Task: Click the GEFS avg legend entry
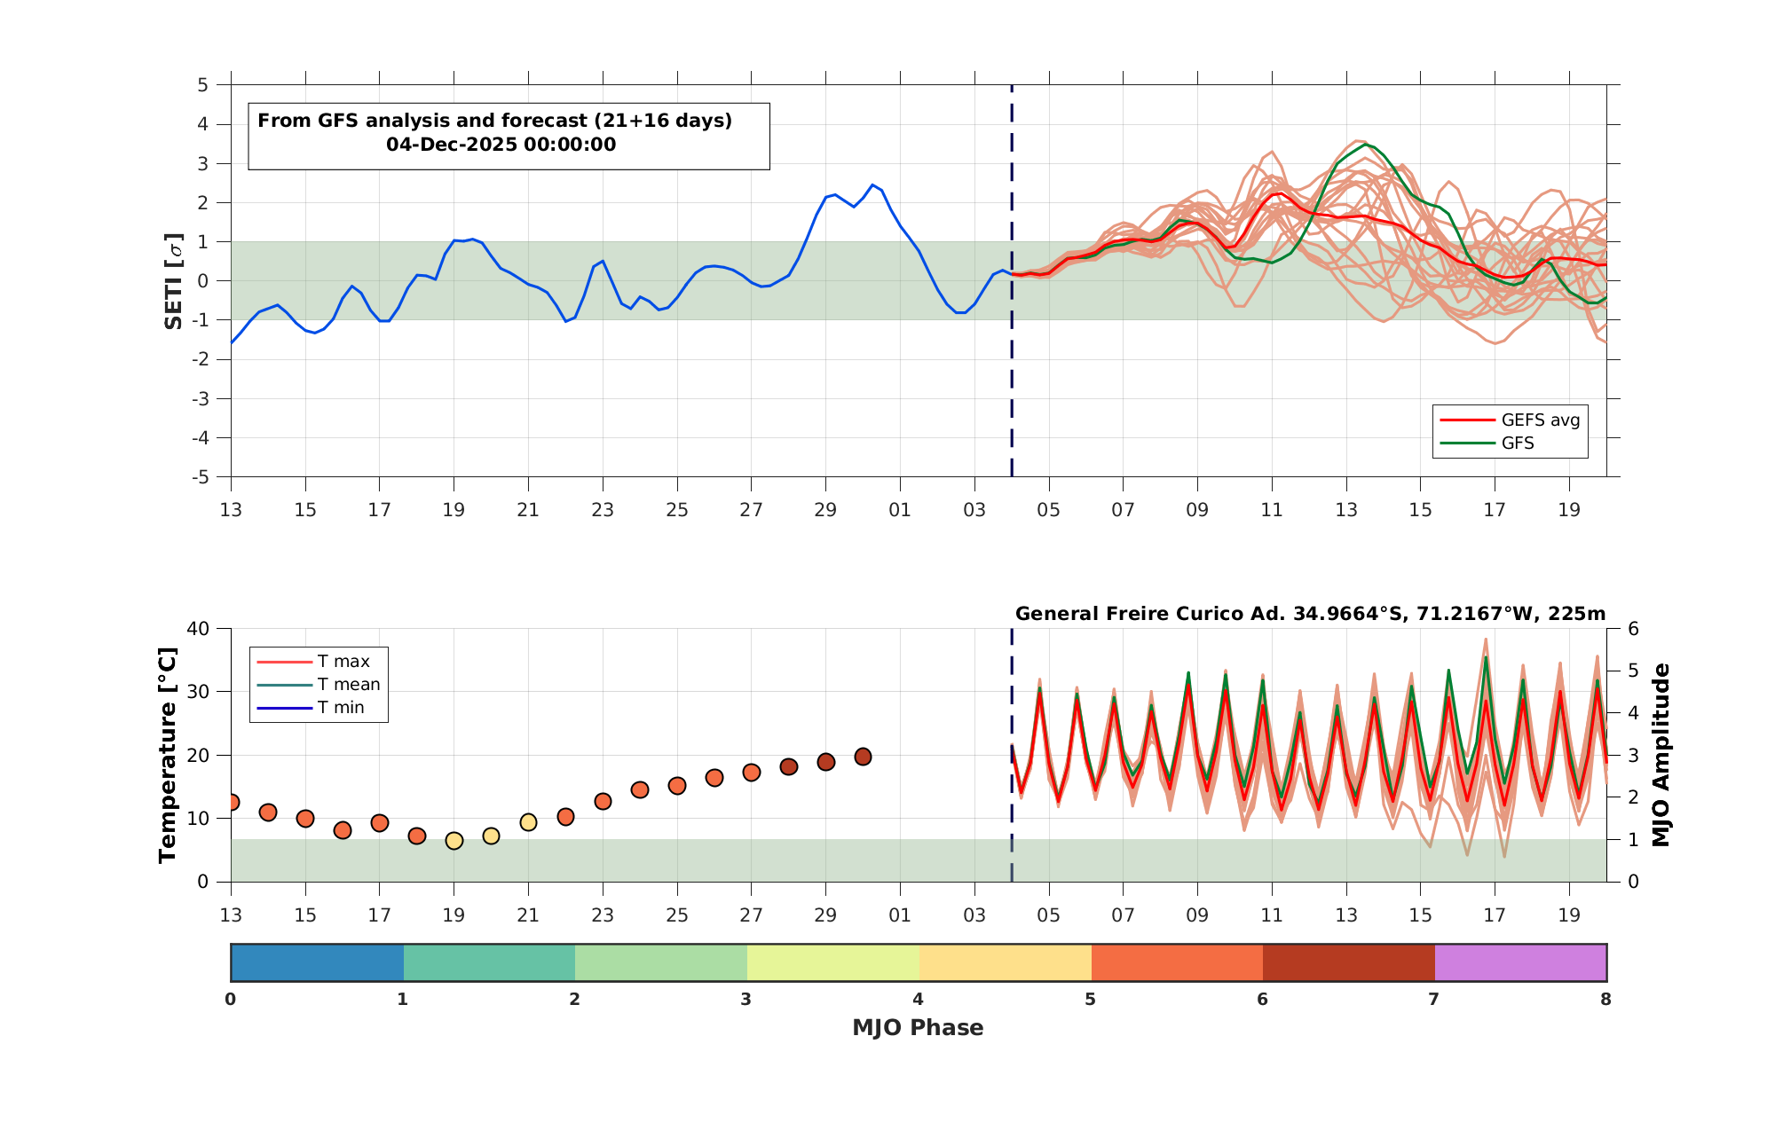pyautogui.click(x=1510, y=420)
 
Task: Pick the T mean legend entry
pyautogui.click(x=319, y=685)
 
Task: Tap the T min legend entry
pyautogui.click(x=311, y=708)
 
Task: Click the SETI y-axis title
pyautogui.click(x=174, y=281)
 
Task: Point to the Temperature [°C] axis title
pyautogui.click(x=168, y=755)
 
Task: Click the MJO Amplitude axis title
pyautogui.click(x=1661, y=755)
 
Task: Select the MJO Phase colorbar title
pyautogui.click(x=918, y=1028)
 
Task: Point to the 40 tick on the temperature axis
pyautogui.click(x=198, y=629)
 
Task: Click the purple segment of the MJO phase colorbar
pyautogui.click(x=1520, y=962)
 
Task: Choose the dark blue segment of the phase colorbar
pyautogui.click(x=317, y=962)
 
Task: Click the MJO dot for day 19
pyautogui.click(x=454, y=840)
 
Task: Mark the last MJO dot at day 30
pyautogui.click(x=863, y=757)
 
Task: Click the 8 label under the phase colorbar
pyautogui.click(x=1605, y=1000)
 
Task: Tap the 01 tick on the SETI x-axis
pyautogui.click(x=900, y=510)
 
